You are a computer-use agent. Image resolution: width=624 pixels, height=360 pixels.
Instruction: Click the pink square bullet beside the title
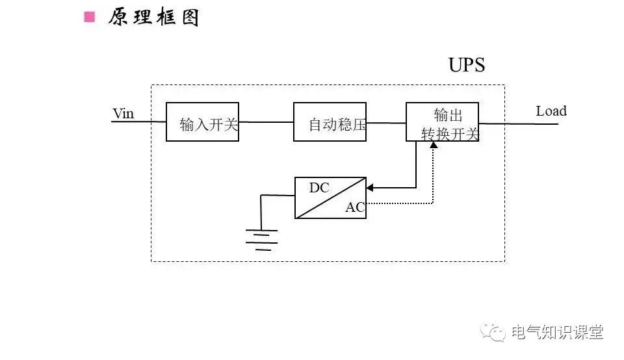[x=89, y=17]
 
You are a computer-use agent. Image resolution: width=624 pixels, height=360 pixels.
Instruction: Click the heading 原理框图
[x=153, y=18]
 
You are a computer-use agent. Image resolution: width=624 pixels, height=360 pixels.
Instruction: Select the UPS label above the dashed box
[x=466, y=66]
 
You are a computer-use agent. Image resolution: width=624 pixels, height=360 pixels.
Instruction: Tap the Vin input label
[x=123, y=114]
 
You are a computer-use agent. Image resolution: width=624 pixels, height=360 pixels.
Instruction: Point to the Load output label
[x=551, y=111]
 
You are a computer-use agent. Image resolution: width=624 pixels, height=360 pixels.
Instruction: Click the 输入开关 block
[x=202, y=122]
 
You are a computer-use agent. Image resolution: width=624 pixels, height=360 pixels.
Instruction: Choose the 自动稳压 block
[x=330, y=122]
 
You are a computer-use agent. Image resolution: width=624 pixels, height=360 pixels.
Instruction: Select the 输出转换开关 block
[x=443, y=122]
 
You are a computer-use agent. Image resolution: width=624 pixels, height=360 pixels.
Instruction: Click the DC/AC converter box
[x=330, y=198]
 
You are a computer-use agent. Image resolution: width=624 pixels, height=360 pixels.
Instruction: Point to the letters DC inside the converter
[x=318, y=188]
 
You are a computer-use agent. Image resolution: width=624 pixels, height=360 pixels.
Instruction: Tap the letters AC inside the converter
[x=354, y=208]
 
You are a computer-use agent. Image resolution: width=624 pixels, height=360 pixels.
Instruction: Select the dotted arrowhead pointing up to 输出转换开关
[x=434, y=144]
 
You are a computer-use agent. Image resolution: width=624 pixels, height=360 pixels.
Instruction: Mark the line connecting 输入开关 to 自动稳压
[x=266, y=122]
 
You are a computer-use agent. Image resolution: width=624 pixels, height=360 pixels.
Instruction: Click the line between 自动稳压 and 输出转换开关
[x=386, y=122]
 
